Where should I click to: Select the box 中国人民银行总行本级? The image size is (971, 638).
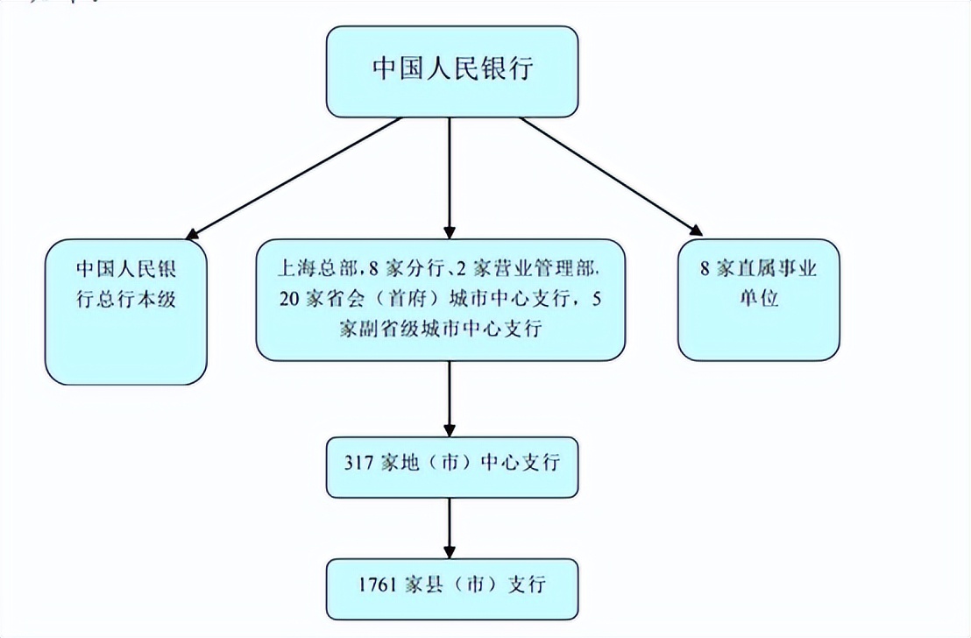[x=126, y=311]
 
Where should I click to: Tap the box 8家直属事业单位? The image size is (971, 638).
[x=758, y=300]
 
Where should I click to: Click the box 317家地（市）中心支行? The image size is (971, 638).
[x=452, y=464]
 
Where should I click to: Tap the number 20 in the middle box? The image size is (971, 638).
[x=290, y=297]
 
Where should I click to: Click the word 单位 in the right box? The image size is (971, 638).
[x=758, y=298]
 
